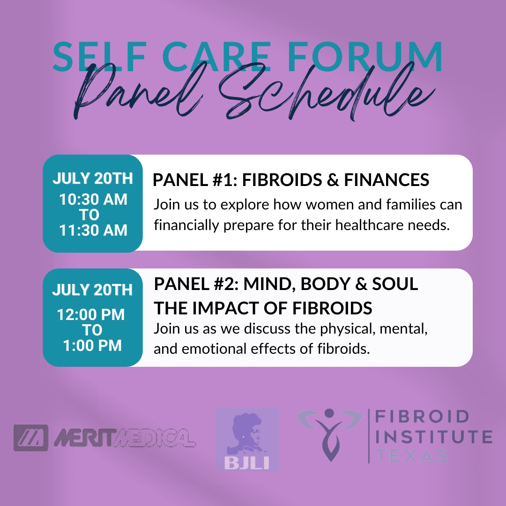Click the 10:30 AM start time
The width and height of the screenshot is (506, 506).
(93, 200)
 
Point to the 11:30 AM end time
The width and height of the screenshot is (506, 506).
(93, 230)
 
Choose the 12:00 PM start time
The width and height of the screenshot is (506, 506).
(91, 315)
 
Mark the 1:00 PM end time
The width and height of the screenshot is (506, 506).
(92, 345)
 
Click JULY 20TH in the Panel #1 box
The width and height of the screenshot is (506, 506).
(92, 179)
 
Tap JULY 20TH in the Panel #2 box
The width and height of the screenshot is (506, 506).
(92, 290)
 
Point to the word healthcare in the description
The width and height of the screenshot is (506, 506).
(367, 226)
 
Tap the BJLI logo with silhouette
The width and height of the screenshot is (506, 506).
(247, 439)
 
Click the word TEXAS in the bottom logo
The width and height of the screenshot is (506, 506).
(412, 455)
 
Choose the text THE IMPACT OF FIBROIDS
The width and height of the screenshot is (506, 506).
(263, 308)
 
